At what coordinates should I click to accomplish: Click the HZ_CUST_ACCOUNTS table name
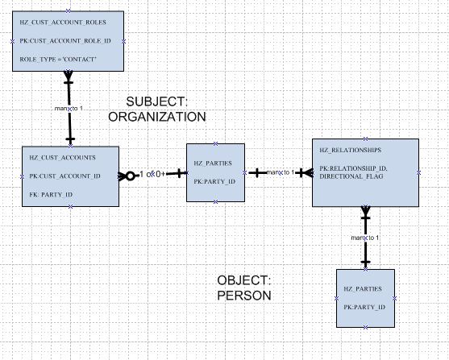(56, 159)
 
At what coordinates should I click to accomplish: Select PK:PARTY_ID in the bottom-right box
(364, 307)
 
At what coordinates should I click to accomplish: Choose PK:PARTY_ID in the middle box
(214, 181)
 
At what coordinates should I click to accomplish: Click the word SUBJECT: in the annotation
(156, 102)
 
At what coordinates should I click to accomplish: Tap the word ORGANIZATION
(157, 117)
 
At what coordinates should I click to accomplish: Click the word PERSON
(243, 296)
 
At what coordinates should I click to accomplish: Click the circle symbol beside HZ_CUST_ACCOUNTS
(128, 175)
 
